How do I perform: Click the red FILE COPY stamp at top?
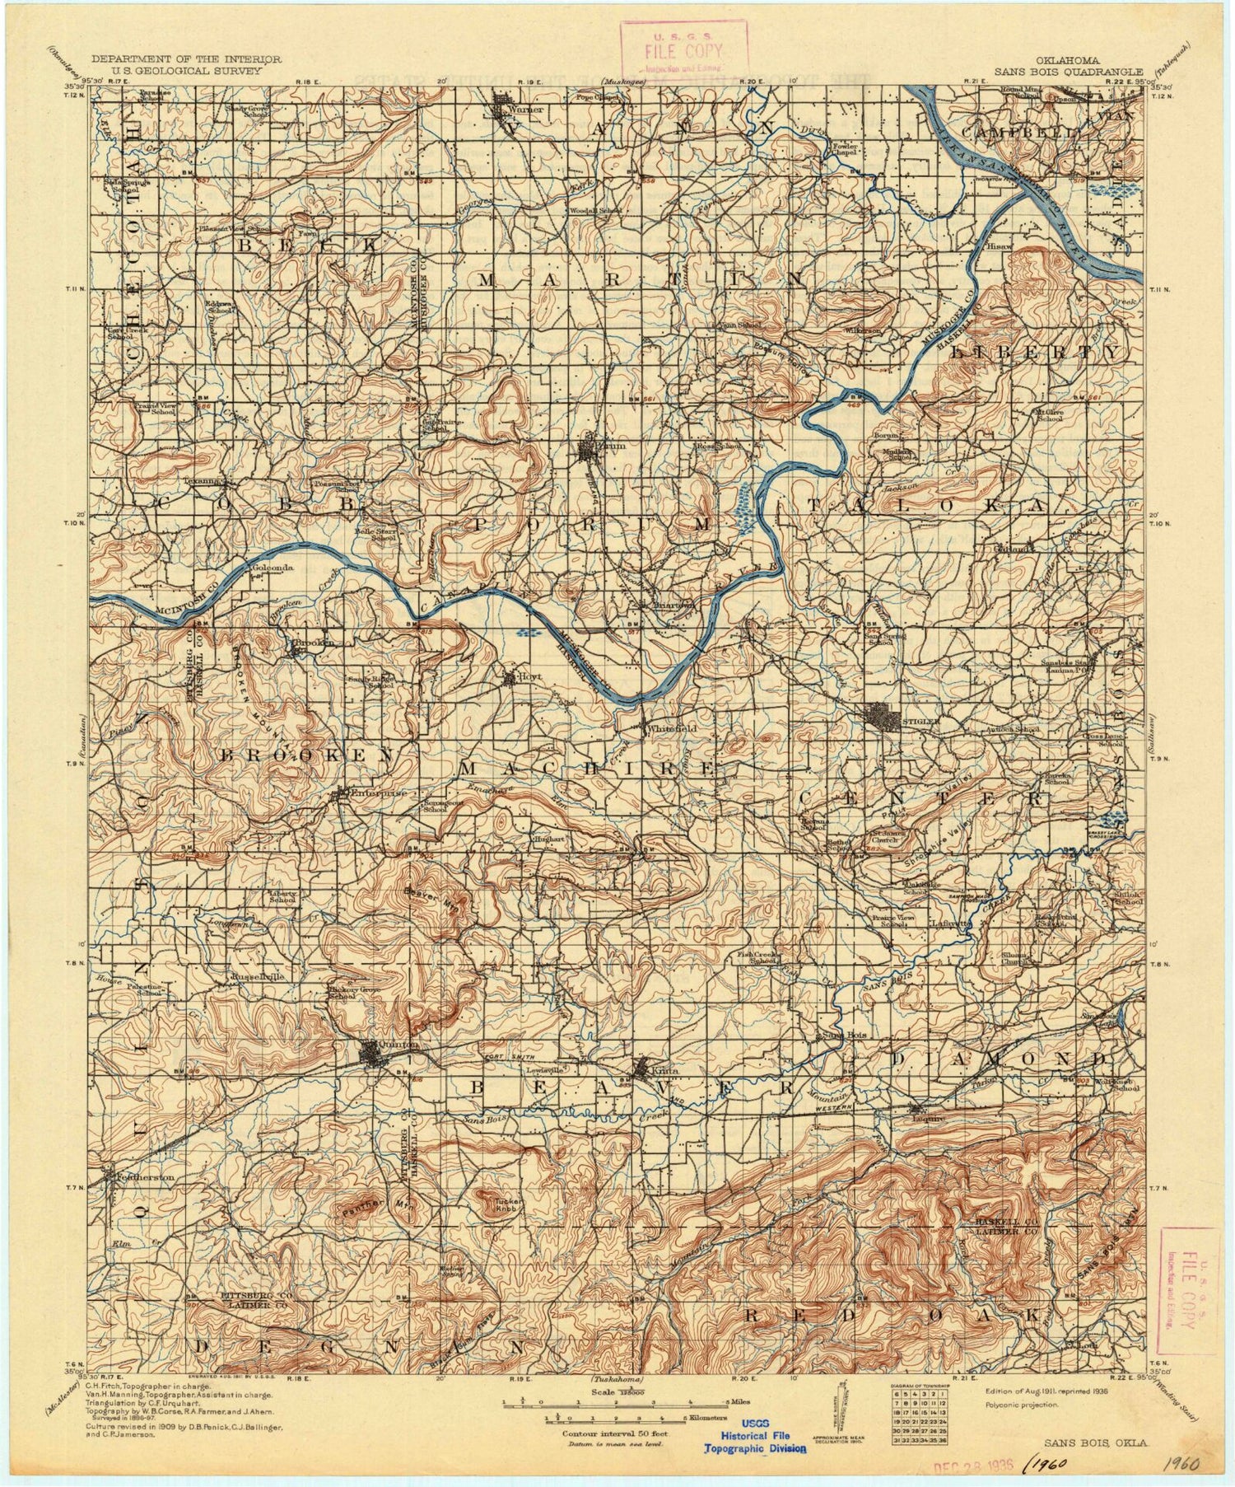click(x=684, y=49)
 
